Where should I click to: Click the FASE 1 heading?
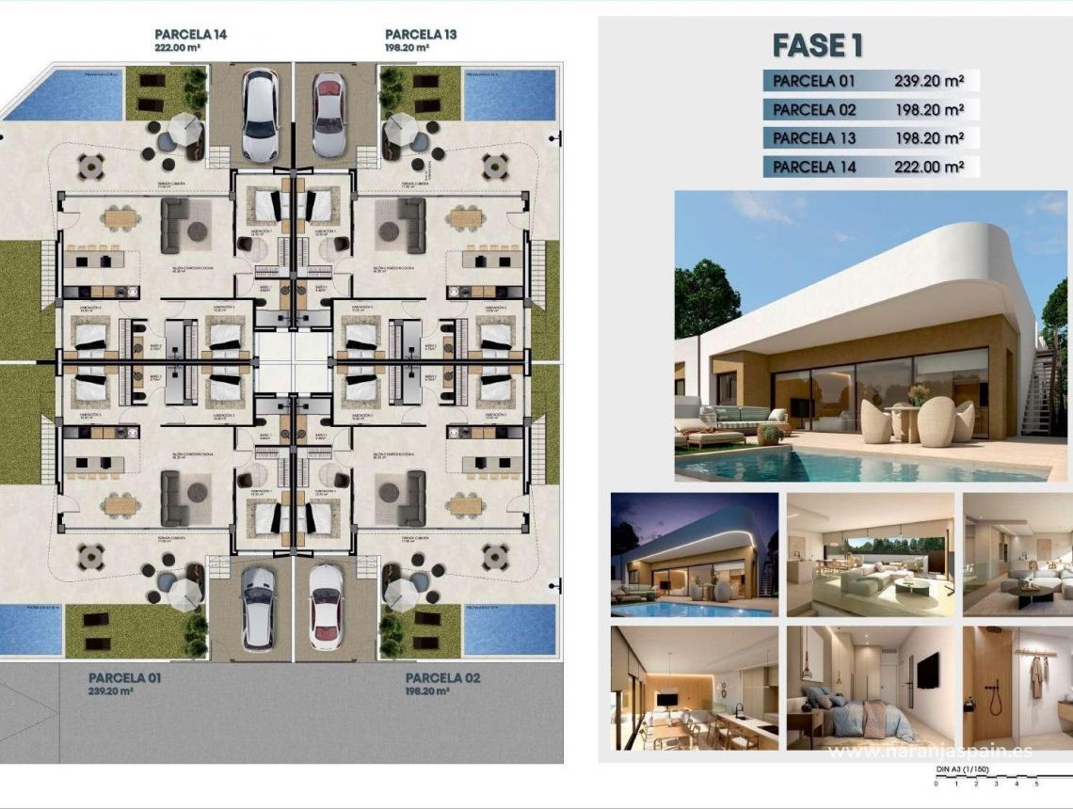point(817,45)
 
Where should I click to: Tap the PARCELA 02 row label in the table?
point(815,109)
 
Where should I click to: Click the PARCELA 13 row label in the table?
point(815,138)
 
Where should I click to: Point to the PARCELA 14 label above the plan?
point(191,35)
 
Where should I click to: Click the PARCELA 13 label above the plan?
point(421,35)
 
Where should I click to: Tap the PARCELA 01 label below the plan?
point(125,677)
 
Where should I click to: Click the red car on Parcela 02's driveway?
point(326,607)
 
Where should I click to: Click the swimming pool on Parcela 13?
point(509,94)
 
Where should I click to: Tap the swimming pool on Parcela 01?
point(31,628)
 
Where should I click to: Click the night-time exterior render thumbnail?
point(695,554)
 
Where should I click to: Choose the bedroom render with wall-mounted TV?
point(872,688)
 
